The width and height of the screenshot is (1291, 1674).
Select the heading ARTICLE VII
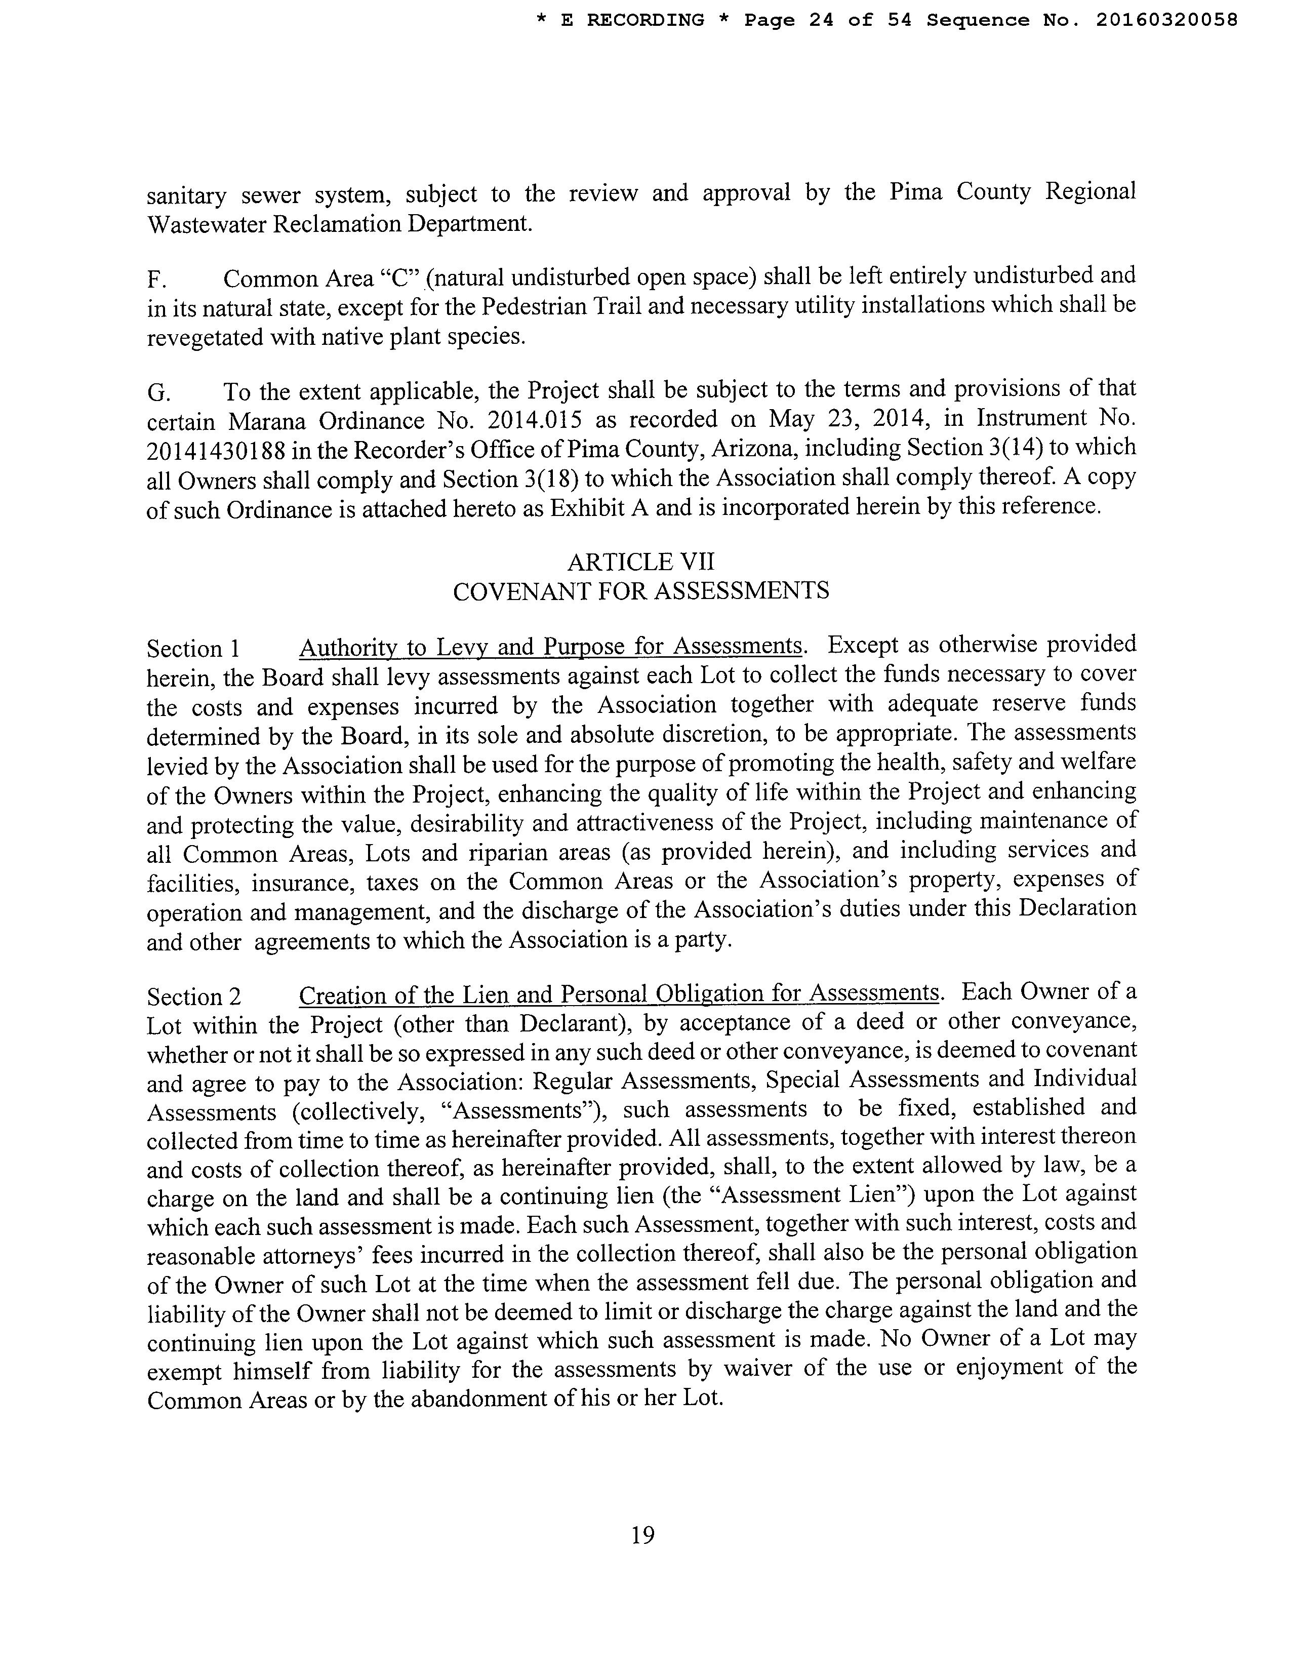pyautogui.click(x=640, y=562)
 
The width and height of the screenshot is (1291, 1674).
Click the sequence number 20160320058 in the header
pyautogui.click(x=1166, y=20)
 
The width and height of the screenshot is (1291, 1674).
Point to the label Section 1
pyautogui.click(x=193, y=649)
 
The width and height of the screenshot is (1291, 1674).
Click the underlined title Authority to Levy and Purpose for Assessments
pyautogui.click(x=550, y=647)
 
